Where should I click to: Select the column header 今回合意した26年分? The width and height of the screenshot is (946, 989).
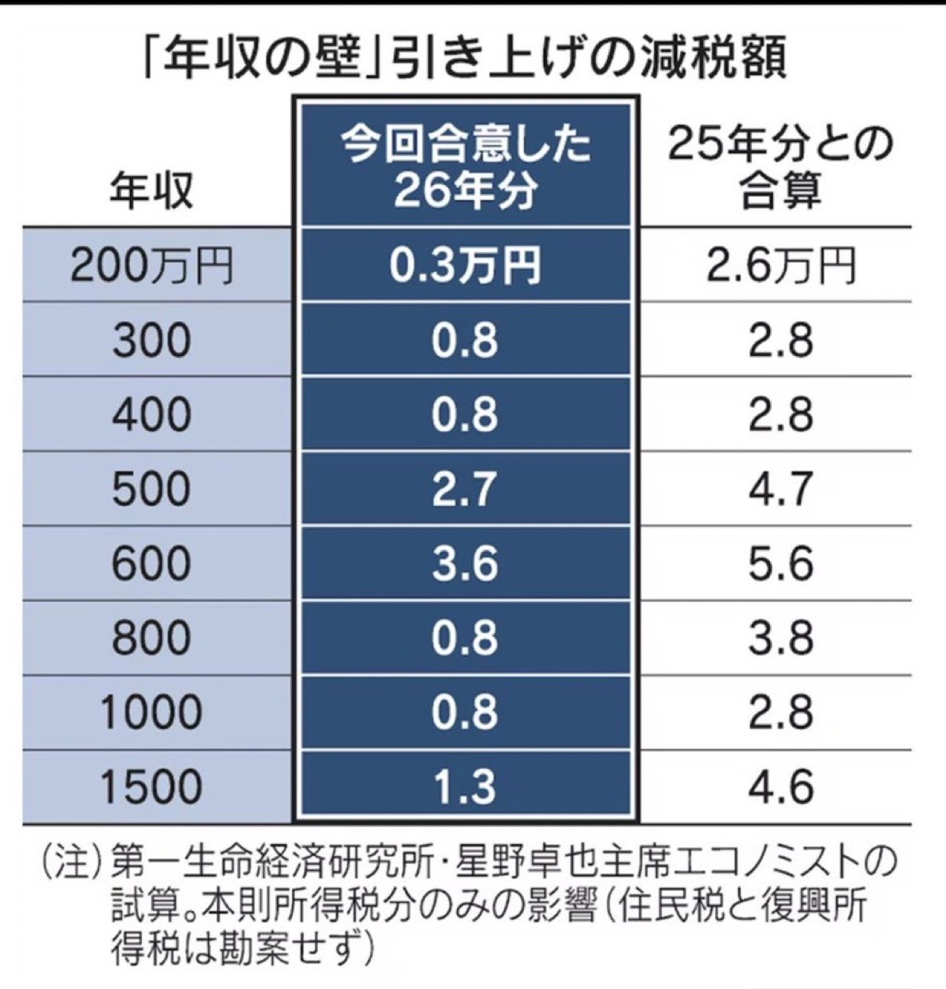tap(465, 167)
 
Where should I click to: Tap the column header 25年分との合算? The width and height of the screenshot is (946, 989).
tap(780, 167)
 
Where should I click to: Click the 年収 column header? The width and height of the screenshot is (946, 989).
tap(151, 191)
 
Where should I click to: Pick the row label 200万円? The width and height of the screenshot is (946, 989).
tap(151, 265)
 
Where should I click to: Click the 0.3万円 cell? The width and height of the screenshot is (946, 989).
tap(465, 265)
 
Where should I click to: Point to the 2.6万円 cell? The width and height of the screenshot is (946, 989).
tap(780, 265)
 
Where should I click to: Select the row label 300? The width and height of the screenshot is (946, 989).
tap(151, 340)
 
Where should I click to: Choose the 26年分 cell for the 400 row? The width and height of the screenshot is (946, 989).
tap(465, 414)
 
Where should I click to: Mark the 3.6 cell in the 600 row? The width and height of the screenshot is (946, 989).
tap(465, 563)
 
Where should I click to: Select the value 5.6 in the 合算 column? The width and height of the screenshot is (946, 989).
tap(780, 563)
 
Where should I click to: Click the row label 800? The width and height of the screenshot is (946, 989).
tap(151, 638)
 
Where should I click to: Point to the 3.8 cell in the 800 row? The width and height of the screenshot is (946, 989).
tap(780, 638)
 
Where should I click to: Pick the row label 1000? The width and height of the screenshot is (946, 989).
tap(151, 712)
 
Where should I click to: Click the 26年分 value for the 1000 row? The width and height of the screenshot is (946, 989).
tap(465, 712)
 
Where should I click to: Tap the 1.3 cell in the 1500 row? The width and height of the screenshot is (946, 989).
tap(465, 786)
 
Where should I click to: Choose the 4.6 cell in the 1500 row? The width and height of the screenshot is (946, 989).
tap(780, 786)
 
